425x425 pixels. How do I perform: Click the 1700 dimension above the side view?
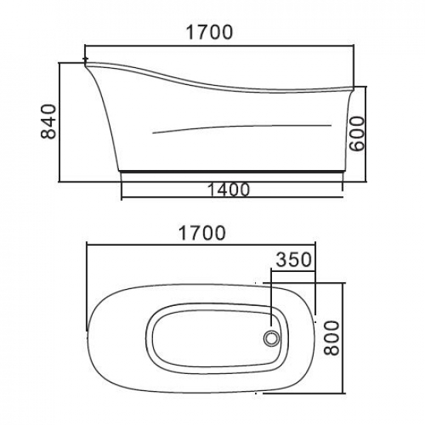(209, 32)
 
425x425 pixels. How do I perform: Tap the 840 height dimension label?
(49, 121)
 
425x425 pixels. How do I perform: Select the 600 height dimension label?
(357, 134)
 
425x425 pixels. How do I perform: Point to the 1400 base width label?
(228, 189)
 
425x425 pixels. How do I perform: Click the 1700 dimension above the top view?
(202, 233)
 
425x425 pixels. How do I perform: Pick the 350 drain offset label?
(294, 260)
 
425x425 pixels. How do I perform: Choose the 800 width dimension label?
(331, 338)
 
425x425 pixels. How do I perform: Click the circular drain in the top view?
(271, 338)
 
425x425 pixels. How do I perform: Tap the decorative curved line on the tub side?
(242, 127)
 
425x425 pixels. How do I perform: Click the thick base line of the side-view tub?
(232, 172)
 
